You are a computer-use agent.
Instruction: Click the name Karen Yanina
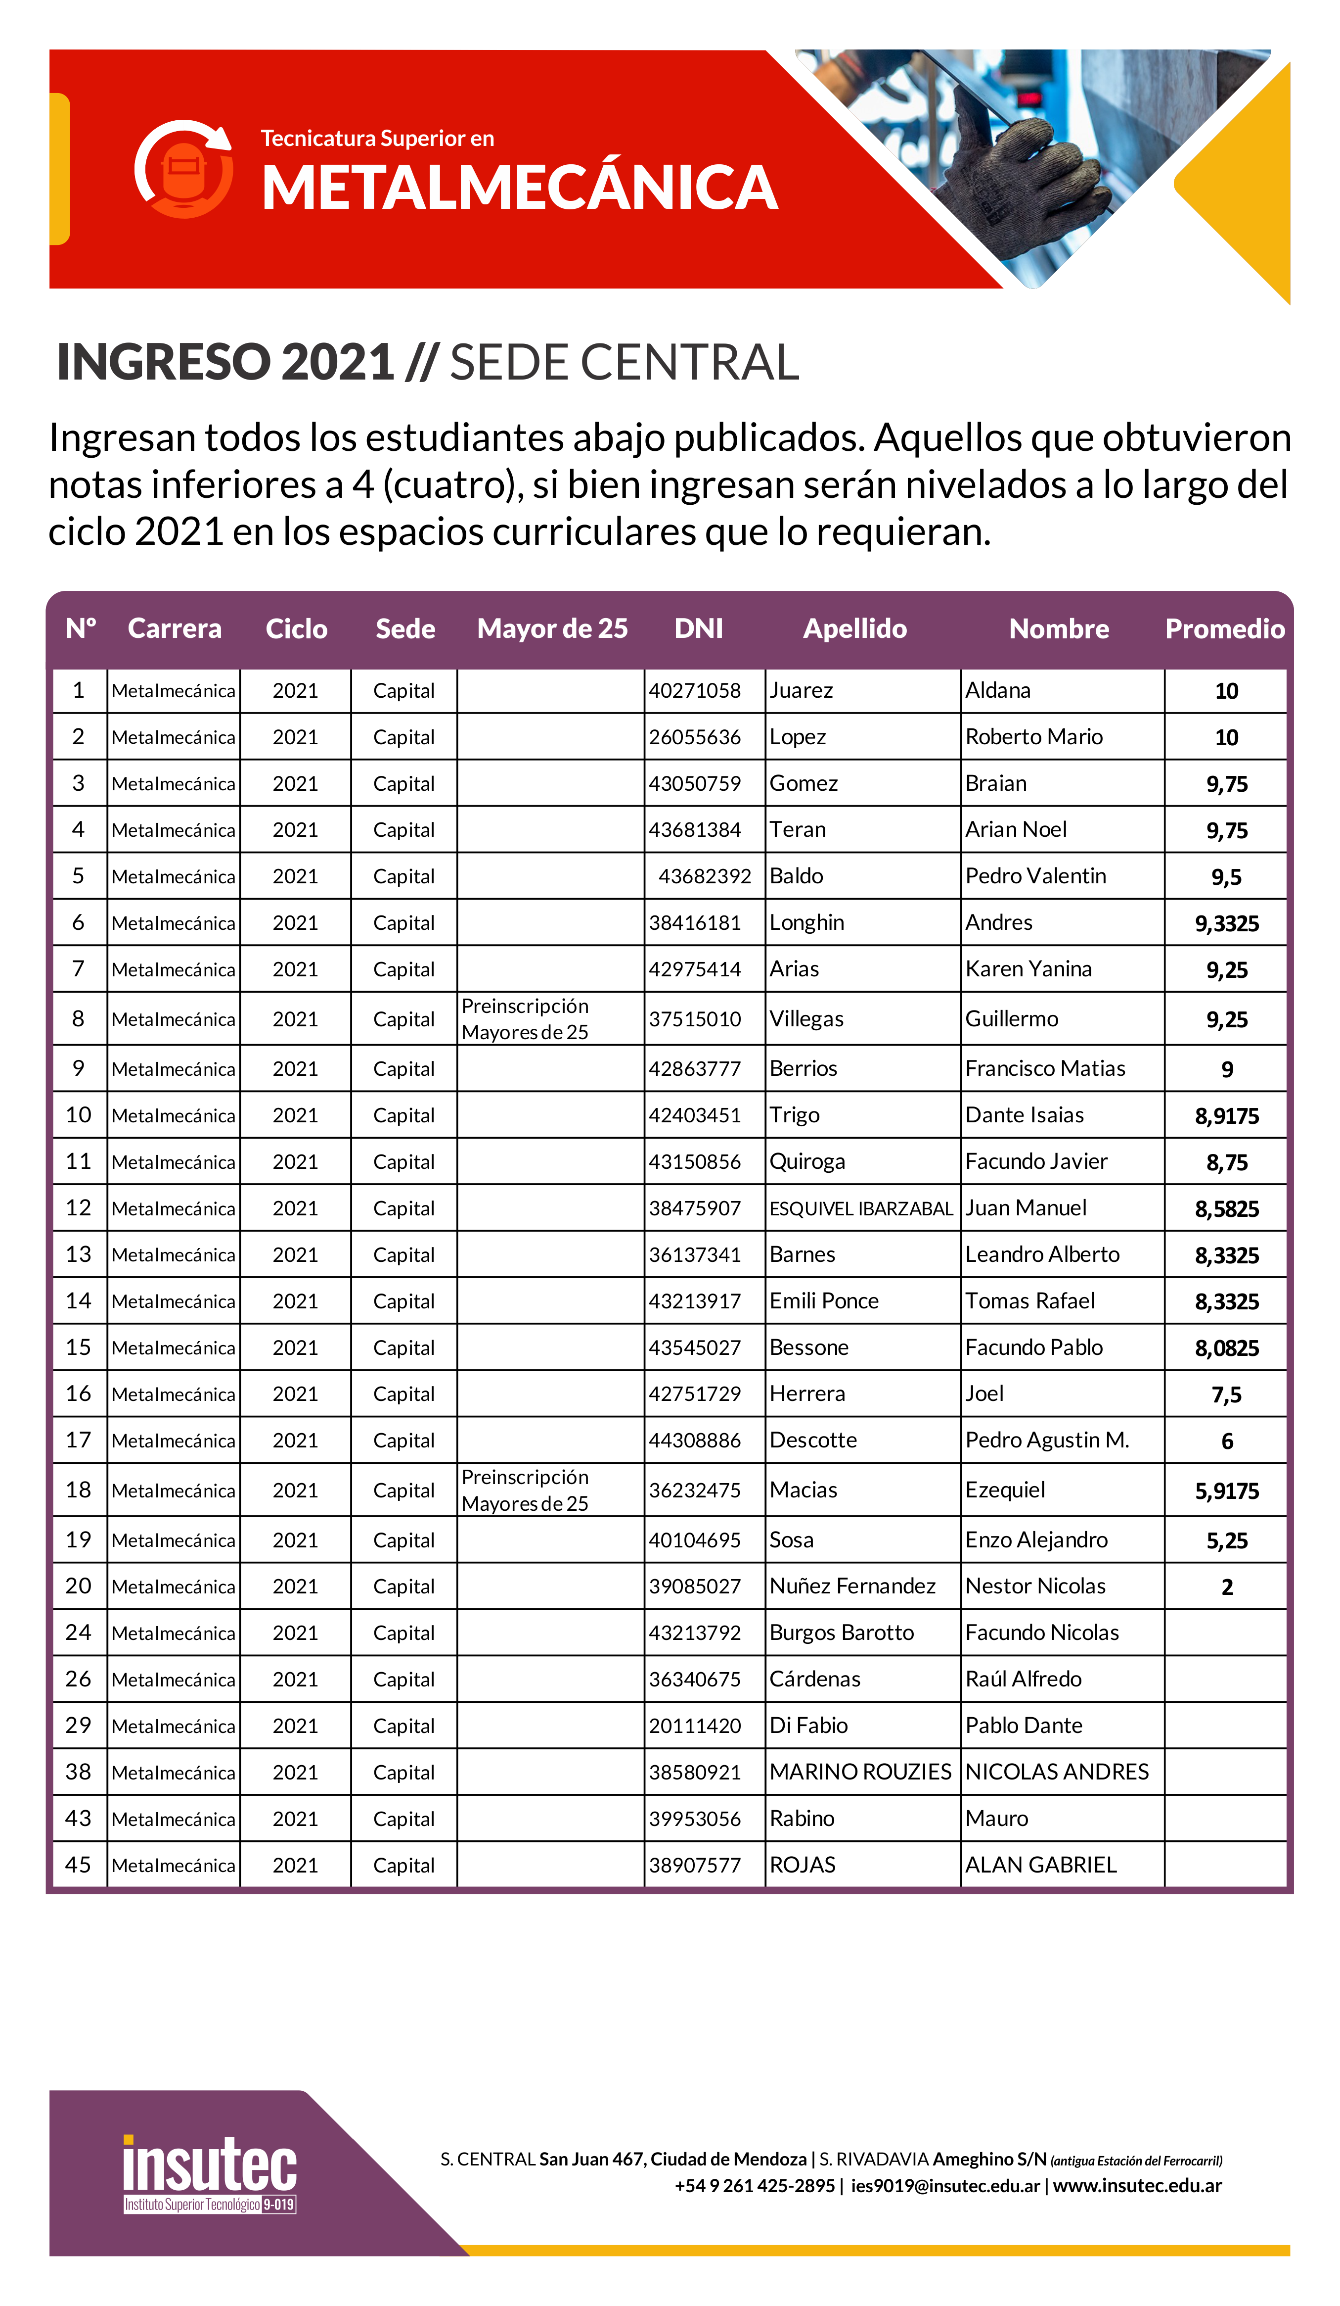tap(1028, 969)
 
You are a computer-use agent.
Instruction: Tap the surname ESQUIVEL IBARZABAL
tap(861, 1209)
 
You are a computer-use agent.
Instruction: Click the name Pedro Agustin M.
tap(1046, 1441)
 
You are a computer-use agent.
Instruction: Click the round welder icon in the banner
tap(184, 169)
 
